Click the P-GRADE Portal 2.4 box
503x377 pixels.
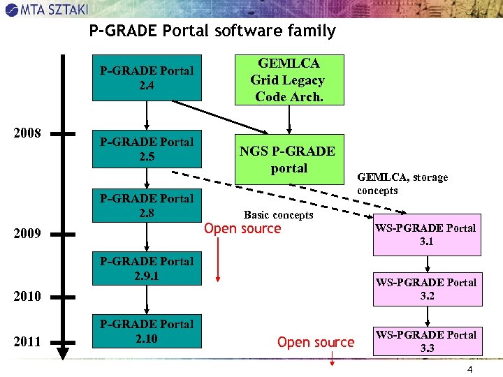147,78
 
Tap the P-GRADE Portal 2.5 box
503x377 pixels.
147,149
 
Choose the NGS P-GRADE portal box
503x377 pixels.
289,159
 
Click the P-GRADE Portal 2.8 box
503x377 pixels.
147,205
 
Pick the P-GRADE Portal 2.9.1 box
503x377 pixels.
147,268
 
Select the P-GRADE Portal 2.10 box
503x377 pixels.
147,331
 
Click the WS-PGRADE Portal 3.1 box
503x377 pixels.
426,235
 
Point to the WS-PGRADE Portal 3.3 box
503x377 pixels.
426,341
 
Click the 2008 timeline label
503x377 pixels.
27,133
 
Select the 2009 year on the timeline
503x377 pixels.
27,233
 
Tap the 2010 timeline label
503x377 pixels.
27,297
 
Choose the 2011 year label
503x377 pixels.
27,341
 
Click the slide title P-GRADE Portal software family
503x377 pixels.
212,31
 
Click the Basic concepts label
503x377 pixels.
278,215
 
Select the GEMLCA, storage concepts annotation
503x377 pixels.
402,184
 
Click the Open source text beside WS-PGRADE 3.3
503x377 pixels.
315,342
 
